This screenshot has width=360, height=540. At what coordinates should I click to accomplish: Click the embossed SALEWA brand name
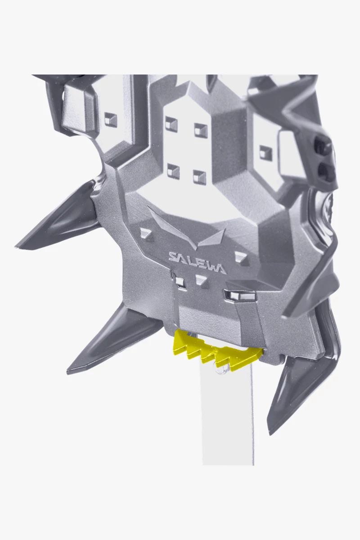(x=197, y=262)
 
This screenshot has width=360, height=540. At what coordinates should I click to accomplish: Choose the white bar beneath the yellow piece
(x=227, y=409)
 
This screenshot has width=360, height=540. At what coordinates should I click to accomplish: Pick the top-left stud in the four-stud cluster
(x=172, y=123)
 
